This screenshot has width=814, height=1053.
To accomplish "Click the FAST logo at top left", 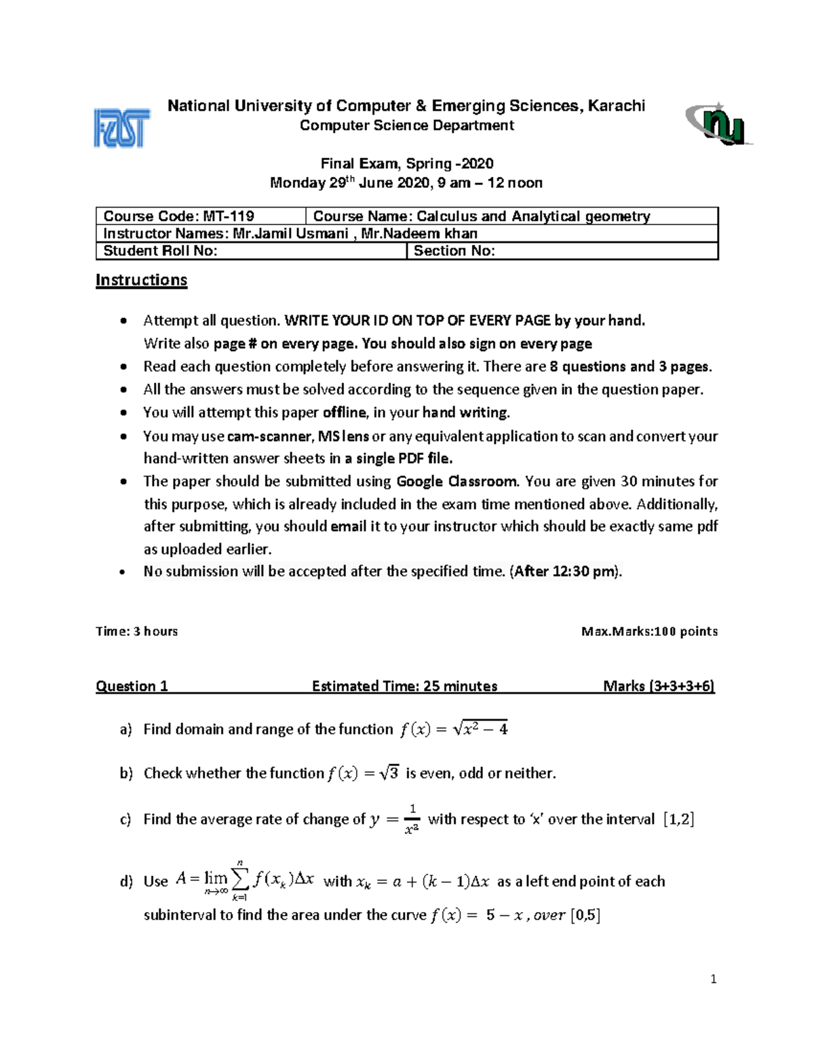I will coord(121,128).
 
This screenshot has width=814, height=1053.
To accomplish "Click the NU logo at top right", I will coord(718,125).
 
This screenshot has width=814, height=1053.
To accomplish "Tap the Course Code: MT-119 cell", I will coord(201,216).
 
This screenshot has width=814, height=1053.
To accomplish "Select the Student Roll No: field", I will coord(251,251).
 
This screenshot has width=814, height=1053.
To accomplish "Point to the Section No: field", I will coord(562,251).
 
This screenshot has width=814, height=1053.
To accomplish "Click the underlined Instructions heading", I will coord(141,280).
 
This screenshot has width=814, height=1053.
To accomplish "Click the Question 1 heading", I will coord(132,686).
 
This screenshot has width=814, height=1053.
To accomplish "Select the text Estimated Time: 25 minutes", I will coord(404,686).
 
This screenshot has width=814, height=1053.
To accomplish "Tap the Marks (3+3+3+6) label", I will coord(659,686).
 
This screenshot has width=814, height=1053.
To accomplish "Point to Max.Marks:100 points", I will coord(649,631).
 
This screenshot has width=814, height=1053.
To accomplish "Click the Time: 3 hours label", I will coord(137,631).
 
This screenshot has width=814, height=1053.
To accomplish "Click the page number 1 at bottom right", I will coord(713,979).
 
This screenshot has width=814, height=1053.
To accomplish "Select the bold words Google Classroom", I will coord(457,481).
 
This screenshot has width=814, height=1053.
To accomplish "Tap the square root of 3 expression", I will coord(389,773).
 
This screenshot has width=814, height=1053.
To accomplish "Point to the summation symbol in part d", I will coord(239,880).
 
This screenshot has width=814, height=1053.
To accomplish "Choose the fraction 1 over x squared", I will coord(412,819).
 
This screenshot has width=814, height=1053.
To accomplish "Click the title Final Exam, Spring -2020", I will coord(406,163).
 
